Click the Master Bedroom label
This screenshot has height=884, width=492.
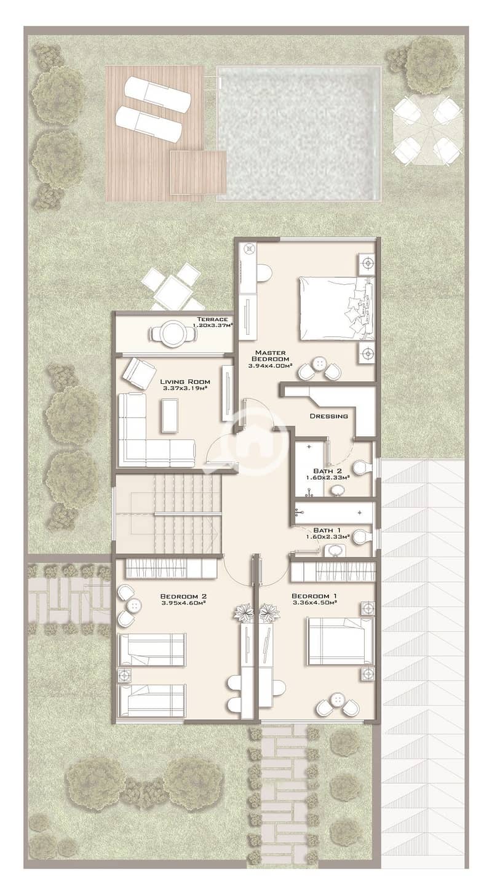pos(270,356)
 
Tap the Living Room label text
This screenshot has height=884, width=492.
pos(185,381)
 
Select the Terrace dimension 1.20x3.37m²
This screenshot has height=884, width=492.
pos(213,325)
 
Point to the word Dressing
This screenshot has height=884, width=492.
pos(328,416)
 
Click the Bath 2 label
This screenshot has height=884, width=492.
pos(327,471)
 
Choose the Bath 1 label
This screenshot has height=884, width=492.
pos(327,530)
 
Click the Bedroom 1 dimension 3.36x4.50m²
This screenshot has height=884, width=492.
pos(314,603)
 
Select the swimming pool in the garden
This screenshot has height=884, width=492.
pos(299,133)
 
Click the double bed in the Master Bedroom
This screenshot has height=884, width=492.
pos(336,308)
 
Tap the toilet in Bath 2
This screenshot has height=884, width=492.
pos(362,468)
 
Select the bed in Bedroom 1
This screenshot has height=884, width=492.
pos(340,641)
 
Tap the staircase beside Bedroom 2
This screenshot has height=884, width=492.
pos(167,514)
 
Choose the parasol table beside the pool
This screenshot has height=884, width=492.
pos(427,129)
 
